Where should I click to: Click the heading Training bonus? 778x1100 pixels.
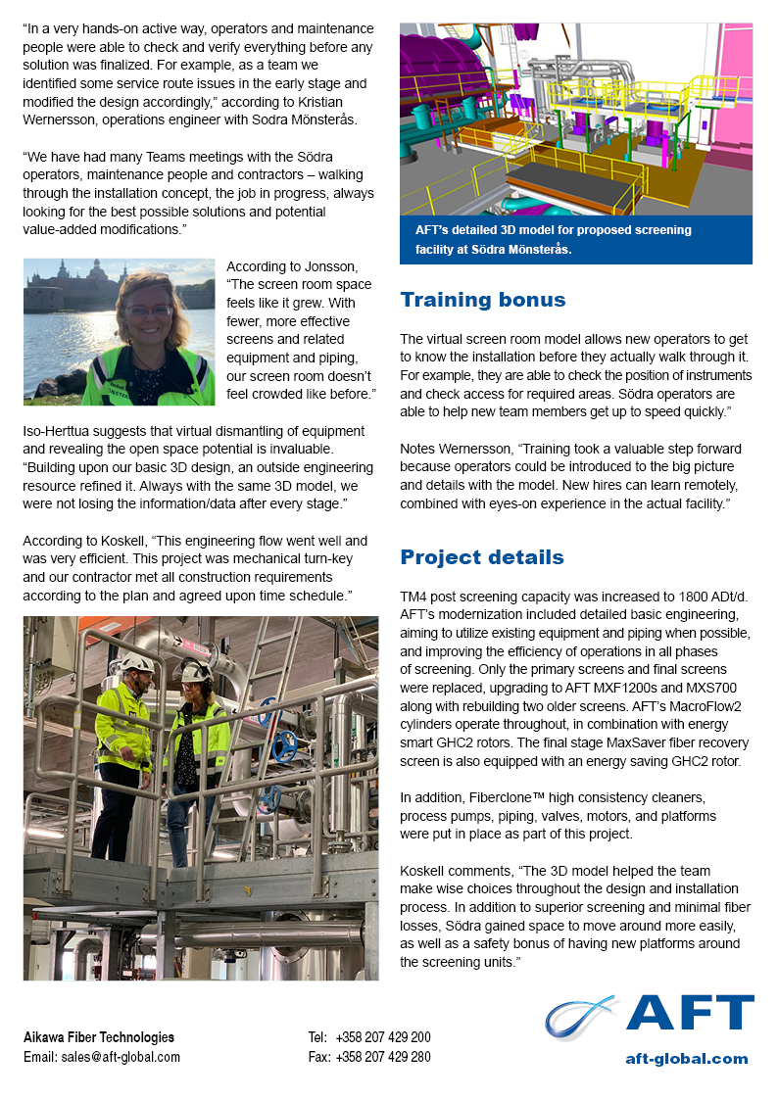482,300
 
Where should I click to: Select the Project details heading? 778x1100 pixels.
482,557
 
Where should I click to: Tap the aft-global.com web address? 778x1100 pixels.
686,1058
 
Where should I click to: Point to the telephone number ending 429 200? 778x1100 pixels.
382,1037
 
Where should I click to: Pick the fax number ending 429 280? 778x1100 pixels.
382,1057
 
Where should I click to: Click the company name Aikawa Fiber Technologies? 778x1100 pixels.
99,1037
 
